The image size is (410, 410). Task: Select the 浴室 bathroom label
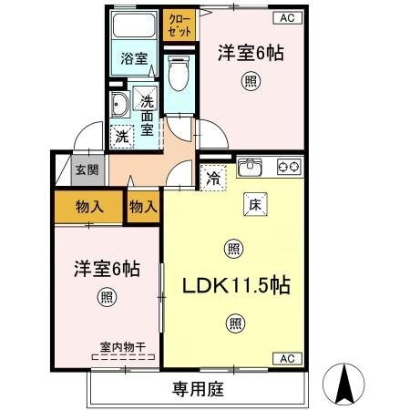[134, 59]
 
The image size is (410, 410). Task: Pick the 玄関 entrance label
[87, 170]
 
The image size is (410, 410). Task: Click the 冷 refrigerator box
[211, 178]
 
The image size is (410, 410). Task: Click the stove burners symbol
[289, 167]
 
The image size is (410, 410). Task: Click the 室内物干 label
[123, 346]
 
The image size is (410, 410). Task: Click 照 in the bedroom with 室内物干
[107, 296]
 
